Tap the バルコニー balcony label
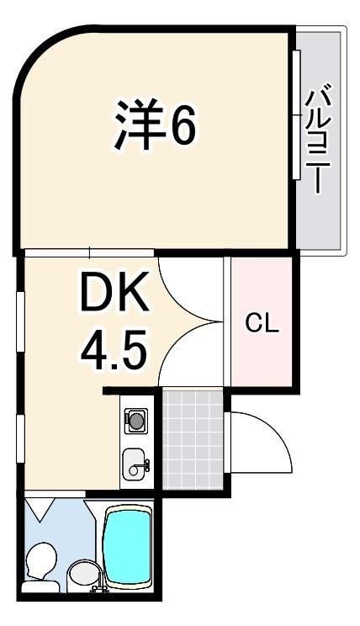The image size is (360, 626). point(318,138)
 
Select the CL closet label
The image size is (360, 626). point(262,323)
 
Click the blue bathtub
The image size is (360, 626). point(128,548)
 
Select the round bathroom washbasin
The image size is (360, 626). point(85,574)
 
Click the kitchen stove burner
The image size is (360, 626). point(136,421)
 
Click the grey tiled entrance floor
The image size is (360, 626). point(193,439)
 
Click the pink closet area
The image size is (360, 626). point(262,321)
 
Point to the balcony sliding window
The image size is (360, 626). point(296,115)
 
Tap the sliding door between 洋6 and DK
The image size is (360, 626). point(89,252)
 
